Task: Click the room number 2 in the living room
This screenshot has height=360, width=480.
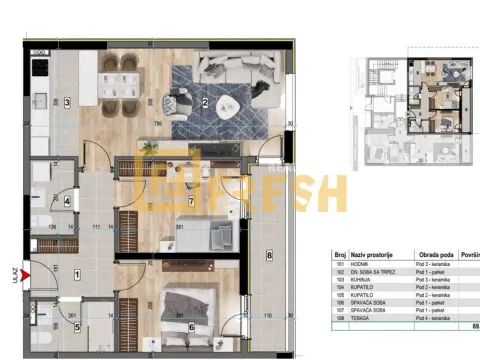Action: tap(204, 101)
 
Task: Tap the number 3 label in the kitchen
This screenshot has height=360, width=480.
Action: tap(67, 102)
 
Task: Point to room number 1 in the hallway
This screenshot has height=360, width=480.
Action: tap(78, 272)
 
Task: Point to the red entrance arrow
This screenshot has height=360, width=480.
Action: tap(36, 268)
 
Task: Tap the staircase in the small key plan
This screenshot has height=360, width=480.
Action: tap(381, 74)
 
